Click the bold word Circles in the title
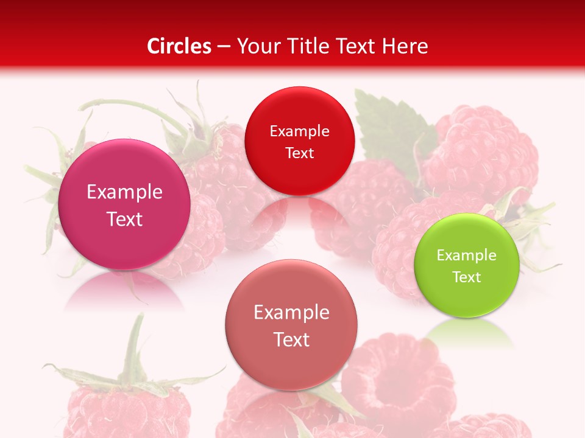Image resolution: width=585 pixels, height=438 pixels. coord(179,46)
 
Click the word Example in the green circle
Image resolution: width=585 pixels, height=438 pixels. coord(467,255)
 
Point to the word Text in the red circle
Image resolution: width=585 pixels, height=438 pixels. coord(299,153)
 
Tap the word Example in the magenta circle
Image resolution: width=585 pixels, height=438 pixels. coord(124,192)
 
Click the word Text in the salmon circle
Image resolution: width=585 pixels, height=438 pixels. coord(291,339)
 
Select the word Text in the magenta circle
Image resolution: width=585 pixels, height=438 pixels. coord(124,219)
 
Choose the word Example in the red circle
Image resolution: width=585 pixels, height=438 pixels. coord(299,131)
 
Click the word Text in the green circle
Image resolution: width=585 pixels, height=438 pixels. coord(467,277)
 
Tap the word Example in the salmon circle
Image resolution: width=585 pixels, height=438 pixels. coord(291,313)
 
